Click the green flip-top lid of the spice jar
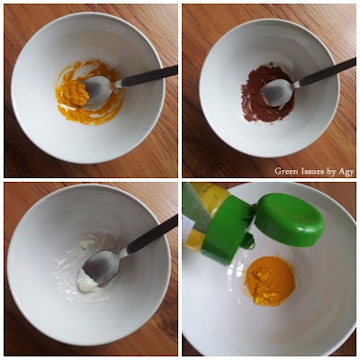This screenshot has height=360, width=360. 290,220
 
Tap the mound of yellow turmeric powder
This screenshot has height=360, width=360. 269,281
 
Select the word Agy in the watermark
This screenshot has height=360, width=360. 346,172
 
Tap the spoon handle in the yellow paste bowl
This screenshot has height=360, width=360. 147,76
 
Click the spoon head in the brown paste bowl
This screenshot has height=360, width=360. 277,93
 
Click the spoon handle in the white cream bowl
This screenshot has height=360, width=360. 152,234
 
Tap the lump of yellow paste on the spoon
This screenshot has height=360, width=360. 74,93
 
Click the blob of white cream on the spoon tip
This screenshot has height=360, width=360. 87,281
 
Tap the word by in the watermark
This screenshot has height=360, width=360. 331,171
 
